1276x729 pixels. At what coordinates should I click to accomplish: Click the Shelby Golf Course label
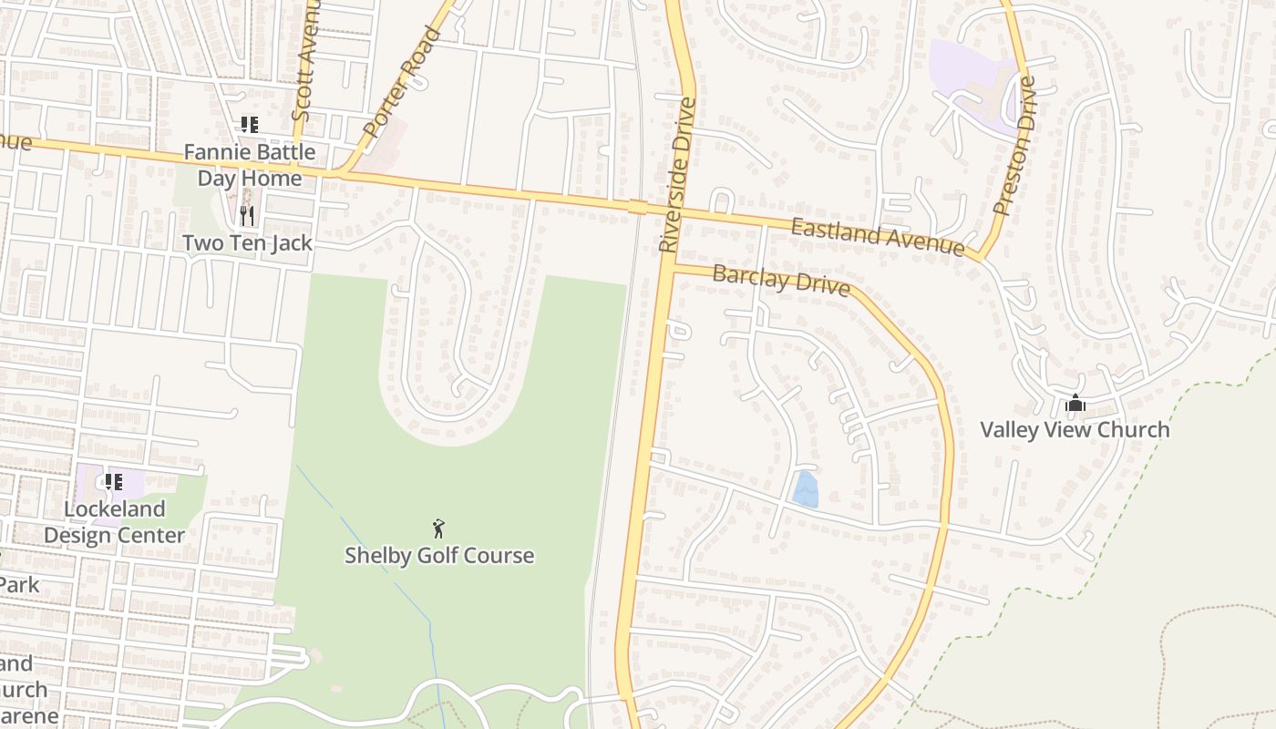coord(438,555)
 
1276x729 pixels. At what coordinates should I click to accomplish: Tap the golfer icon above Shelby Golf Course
coord(438,529)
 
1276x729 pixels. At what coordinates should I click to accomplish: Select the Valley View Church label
coord(1075,429)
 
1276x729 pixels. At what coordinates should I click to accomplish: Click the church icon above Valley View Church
coord(1075,403)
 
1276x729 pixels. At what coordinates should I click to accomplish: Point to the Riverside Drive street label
coord(677,175)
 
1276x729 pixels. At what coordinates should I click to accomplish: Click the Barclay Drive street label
coord(781,281)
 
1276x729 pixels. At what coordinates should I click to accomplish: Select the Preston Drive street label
coord(1015,146)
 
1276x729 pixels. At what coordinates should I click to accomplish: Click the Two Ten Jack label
coord(247,243)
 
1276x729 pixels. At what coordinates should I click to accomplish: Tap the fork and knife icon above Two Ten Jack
coord(247,216)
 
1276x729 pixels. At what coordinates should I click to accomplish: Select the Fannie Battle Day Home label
coord(250,165)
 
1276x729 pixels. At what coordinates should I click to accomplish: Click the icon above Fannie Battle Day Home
coord(249,125)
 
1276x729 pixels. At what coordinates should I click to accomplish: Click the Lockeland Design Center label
coord(114,522)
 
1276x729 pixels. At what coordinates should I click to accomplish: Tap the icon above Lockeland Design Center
coord(113,482)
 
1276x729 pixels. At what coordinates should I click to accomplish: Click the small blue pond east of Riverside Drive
coord(805,489)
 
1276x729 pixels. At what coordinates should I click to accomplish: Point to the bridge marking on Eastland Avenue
coord(637,207)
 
